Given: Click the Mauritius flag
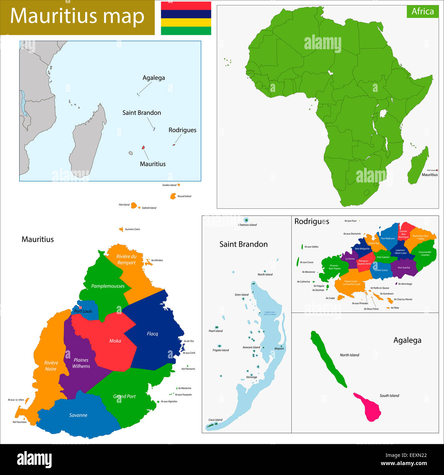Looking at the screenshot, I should coord(186,18).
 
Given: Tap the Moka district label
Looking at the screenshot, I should coord(115,341).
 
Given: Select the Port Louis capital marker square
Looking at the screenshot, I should coord(80,307).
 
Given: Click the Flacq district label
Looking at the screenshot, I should coord(152,334).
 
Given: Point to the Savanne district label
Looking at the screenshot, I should coord(78,415).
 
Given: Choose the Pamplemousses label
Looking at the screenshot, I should coord(108,286).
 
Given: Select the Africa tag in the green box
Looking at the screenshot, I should coord(422,11).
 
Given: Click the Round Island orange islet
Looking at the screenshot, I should coord(173,196).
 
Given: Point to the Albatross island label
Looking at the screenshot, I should coord(247,225).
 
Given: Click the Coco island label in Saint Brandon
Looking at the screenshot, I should coord(216,420).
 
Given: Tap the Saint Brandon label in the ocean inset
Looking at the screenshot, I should coord(142,113).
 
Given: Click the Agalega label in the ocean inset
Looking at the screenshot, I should coord(154,78).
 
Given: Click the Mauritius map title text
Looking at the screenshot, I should coord(77,16).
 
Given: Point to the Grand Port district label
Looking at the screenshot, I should coord(124,396).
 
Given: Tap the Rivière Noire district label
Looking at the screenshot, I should coord(51,366).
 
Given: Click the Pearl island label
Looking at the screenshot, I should coord(216,331).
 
